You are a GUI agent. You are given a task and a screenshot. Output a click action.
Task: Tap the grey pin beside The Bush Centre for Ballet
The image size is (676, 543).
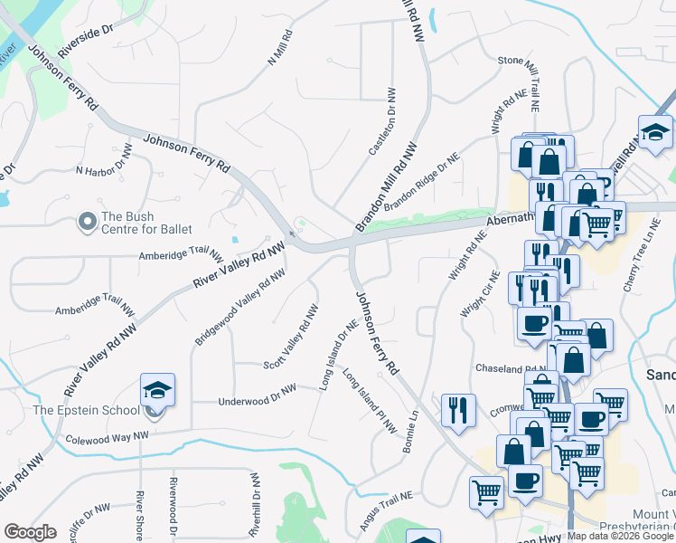[88, 221]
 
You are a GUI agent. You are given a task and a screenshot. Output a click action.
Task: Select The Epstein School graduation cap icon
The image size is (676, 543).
[157, 391]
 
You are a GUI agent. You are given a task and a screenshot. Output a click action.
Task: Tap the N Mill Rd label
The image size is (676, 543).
[280, 49]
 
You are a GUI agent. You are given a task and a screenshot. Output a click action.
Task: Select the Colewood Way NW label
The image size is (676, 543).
[107, 439]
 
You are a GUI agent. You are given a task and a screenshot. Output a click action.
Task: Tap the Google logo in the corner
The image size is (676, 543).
[29, 532]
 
